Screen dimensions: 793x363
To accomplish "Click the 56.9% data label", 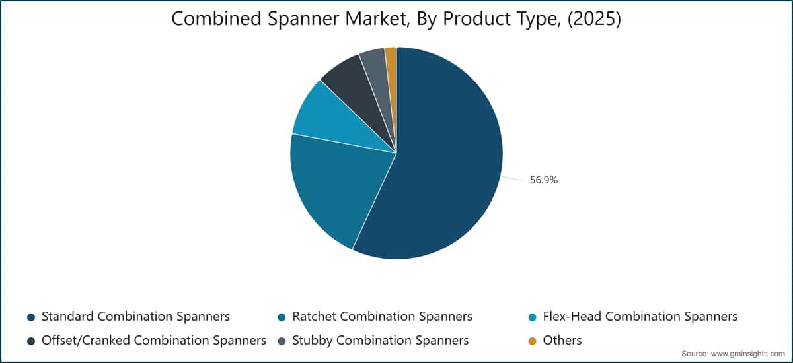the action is point(543,180).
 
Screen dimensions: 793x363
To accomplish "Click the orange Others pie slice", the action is point(391,63).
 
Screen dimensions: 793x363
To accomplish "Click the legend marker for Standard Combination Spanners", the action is point(31,317).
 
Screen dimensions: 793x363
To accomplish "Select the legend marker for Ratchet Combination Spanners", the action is point(282,317).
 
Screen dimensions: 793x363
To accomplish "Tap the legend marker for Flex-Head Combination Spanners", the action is point(532,317).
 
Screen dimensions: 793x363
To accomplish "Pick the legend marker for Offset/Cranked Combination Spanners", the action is point(31,341).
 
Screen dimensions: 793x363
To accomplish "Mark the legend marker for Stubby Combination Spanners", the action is point(282,341).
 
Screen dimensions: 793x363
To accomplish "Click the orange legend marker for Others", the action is point(532,341).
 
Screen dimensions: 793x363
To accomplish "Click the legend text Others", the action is point(562,340).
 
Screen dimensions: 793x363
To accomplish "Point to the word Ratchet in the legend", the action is point(314,316).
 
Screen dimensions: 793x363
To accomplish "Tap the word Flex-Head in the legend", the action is point(572,316).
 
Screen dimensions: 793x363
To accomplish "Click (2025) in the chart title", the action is point(594,18).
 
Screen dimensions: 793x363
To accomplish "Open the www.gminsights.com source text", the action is point(747,354).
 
